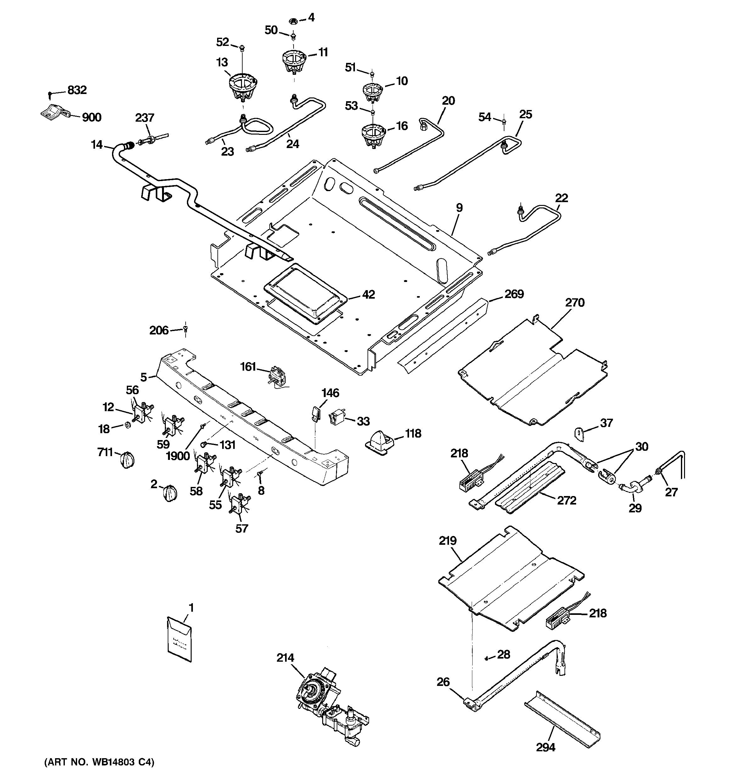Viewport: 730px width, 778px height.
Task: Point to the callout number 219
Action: [447, 541]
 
